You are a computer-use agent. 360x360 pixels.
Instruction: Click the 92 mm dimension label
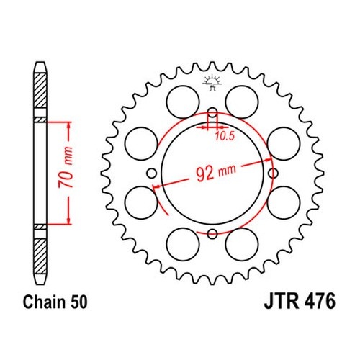pos(216,172)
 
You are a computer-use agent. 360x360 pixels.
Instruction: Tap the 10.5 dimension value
pos(224,136)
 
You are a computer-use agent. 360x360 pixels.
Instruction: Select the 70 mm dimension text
pos(66,167)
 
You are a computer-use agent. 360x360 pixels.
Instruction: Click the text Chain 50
pos(55,302)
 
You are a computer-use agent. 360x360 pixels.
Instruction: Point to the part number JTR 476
pos(300,301)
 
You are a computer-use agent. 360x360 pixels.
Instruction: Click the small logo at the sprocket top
pos(212,83)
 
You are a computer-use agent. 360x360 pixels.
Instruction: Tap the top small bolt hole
pos(212,113)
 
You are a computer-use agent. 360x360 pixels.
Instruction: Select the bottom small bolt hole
pos(212,233)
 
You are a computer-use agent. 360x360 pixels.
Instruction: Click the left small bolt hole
pos(152,173)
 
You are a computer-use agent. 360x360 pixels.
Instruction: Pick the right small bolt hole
pos(273,173)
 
